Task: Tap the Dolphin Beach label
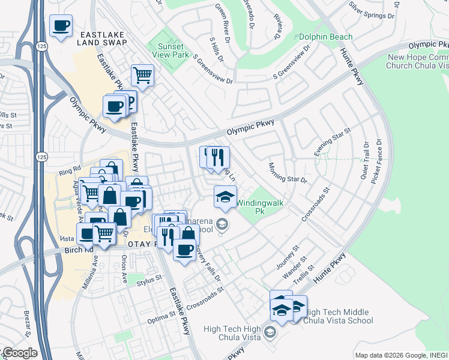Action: tap(325, 37)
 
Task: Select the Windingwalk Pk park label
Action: tap(259, 207)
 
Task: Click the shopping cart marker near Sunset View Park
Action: tap(143, 76)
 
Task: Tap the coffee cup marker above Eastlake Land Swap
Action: tap(61, 26)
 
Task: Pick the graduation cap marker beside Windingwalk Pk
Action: tap(225, 197)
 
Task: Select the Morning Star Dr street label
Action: tap(288, 173)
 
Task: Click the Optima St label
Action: tap(163, 313)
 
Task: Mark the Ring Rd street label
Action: tap(69, 170)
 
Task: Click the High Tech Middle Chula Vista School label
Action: tap(339, 316)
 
